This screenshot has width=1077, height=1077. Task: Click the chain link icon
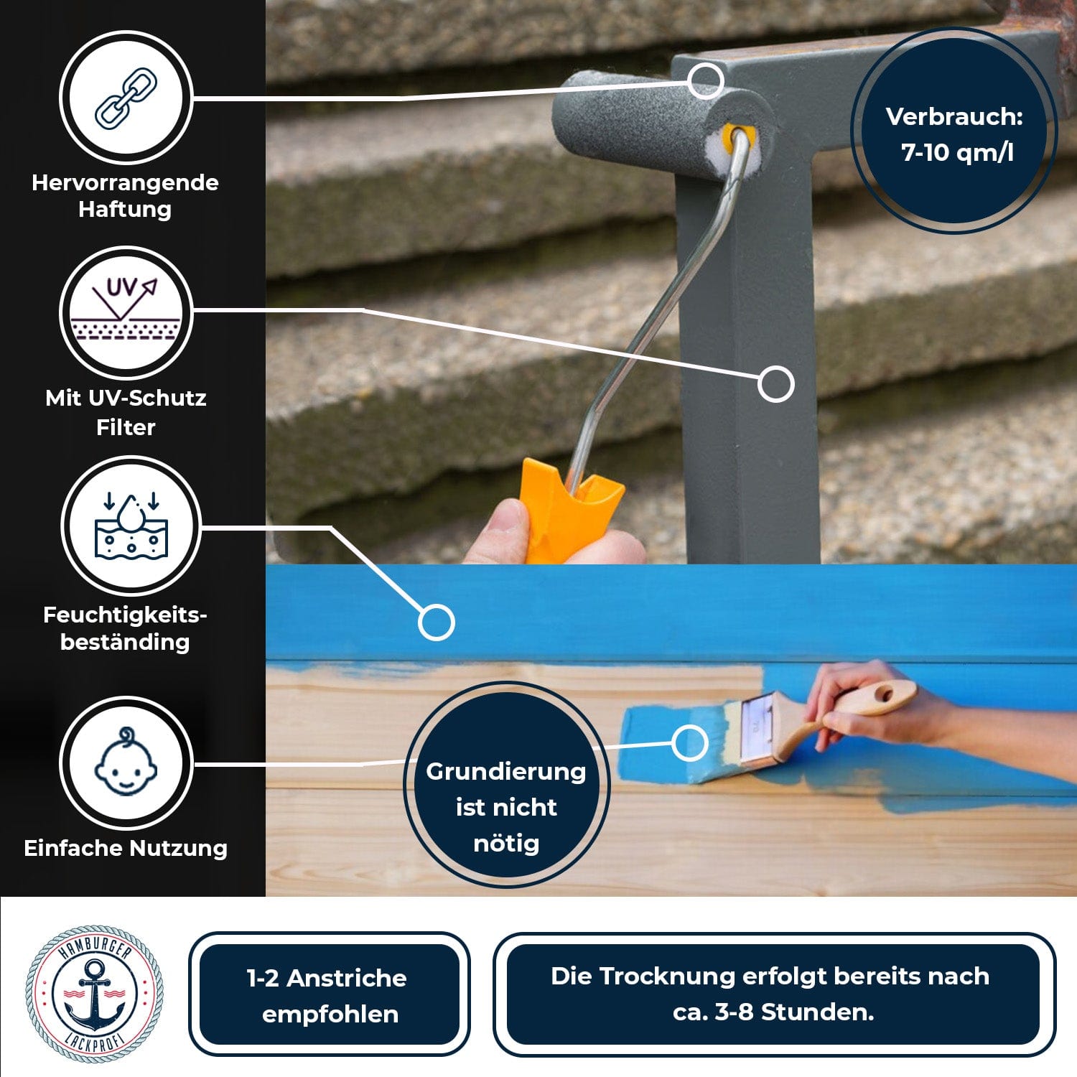click(126, 98)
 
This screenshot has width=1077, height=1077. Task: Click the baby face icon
click(126, 763)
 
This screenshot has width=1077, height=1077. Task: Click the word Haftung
click(125, 209)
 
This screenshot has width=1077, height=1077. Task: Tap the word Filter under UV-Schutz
click(126, 427)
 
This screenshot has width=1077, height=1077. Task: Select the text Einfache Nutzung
click(126, 848)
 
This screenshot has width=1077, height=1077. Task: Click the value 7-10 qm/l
click(957, 152)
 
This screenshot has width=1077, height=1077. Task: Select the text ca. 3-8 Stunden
click(773, 1012)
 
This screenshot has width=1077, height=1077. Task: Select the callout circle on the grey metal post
click(775, 383)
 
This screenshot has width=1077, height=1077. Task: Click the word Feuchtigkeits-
click(125, 615)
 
